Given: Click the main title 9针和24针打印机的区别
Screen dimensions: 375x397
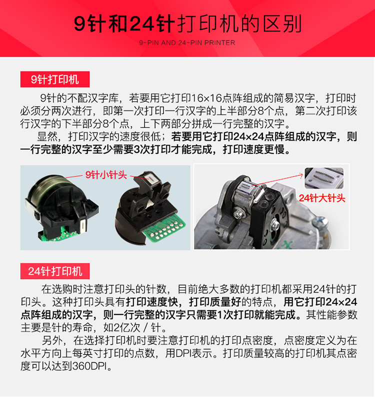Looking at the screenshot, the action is click(x=187, y=23).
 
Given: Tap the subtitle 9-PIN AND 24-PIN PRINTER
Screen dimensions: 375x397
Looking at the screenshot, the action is click(x=187, y=42).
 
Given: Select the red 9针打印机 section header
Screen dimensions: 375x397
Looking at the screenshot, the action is click(x=55, y=79).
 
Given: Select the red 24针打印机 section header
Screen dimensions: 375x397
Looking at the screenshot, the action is click(x=55, y=271).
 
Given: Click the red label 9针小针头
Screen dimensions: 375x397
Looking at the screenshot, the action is click(x=106, y=174).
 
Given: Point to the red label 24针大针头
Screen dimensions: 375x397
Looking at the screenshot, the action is click(x=322, y=198).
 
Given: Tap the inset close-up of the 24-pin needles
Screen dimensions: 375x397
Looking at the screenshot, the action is click(x=324, y=178).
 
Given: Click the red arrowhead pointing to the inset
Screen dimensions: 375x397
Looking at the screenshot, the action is click(x=300, y=174).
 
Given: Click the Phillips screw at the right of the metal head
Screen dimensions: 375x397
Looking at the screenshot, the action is click(x=320, y=222).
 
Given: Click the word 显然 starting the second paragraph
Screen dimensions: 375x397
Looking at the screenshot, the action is click(x=47, y=136).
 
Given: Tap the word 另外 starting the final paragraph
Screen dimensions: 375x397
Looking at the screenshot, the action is click(x=52, y=340).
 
